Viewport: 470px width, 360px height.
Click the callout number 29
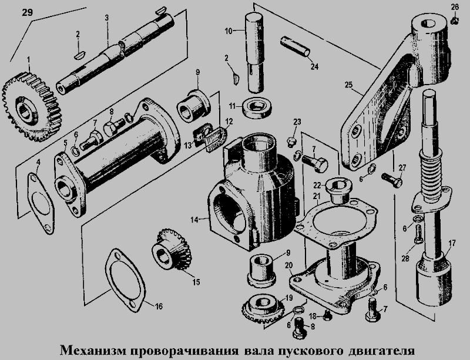click(x=28, y=13)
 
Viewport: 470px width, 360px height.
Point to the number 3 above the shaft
click(x=107, y=18)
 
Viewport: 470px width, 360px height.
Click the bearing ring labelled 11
click(x=258, y=107)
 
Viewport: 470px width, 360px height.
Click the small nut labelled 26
click(x=455, y=22)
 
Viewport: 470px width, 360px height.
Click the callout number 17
click(x=451, y=242)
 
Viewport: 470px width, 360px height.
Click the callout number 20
click(x=288, y=265)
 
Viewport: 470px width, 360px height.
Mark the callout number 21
click(x=315, y=196)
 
